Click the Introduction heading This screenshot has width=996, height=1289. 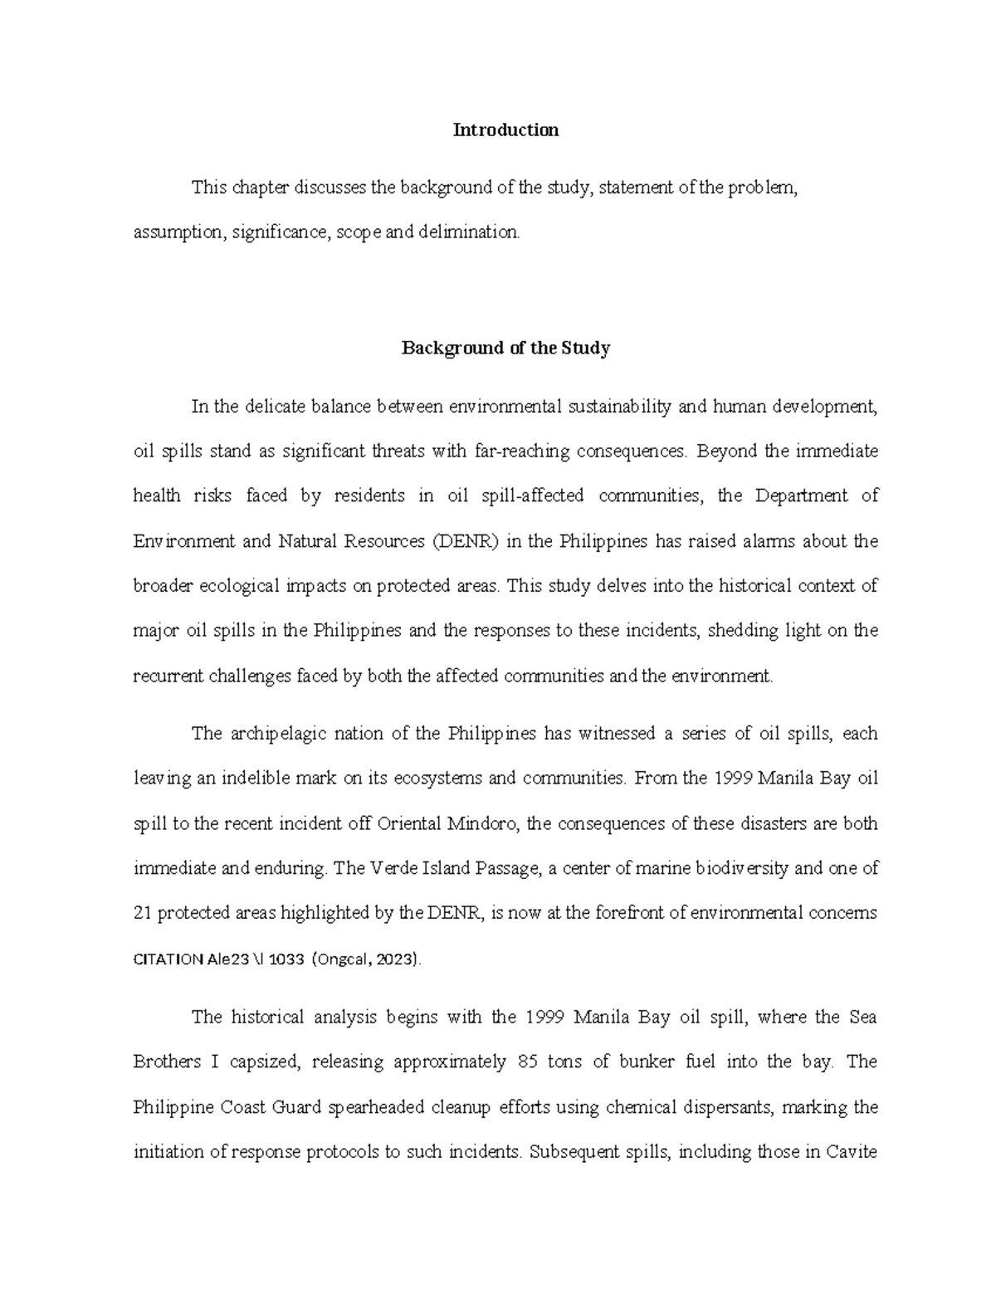[x=505, y=130]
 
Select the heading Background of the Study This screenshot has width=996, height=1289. [x=505, y=349]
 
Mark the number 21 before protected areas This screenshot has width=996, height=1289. [x=142, y=914]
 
